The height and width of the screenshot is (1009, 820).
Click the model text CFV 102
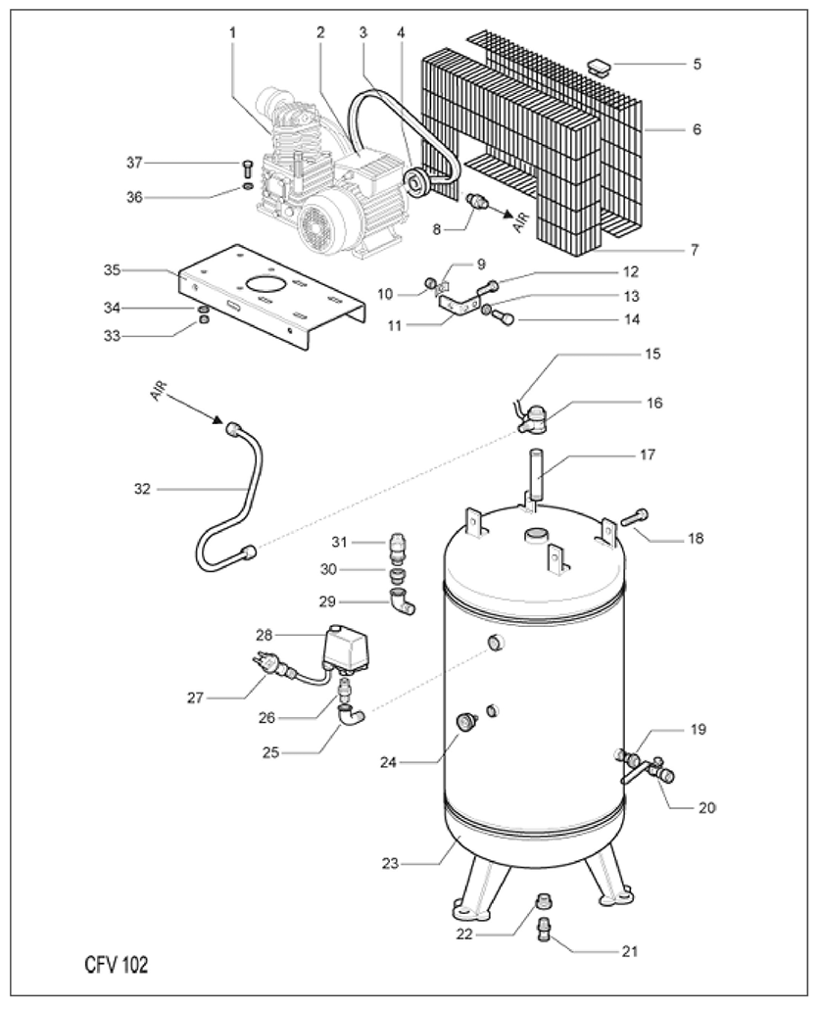tap(116, 965)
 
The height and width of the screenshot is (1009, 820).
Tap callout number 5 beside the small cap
tap(698, 64)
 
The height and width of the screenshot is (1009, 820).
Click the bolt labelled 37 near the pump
tap(249, 168)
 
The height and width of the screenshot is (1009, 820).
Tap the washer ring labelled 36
tap(248, 186)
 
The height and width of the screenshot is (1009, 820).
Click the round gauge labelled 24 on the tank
tap(466, 722)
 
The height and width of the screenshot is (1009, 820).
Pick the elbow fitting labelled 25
tap(352, 715)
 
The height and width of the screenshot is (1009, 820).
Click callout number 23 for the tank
tap(390, 863)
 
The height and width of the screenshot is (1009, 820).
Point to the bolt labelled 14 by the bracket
tap(504, 317)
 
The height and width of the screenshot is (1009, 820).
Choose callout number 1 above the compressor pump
tap(232, 32)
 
